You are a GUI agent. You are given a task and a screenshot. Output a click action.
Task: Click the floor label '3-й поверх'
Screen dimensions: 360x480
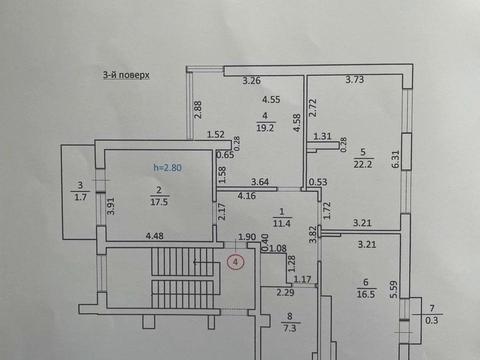click(x=125, y=73)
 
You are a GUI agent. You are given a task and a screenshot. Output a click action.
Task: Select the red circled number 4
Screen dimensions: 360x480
click(x=235, y=263)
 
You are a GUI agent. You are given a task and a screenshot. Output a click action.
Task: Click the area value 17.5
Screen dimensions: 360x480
click(x=157, y=201)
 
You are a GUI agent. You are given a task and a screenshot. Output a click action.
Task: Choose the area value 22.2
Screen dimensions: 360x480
click(x=362, y=163)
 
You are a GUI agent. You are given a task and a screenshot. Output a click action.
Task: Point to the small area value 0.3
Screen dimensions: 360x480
click(x=432, y=320)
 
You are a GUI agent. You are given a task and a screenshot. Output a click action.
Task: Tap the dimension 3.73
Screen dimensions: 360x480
click(x=355, y=80)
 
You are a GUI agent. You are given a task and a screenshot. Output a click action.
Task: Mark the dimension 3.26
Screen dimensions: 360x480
click(x=251, y=80)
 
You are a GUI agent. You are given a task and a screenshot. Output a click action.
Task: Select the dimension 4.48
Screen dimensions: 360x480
click(x=155, y=236)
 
